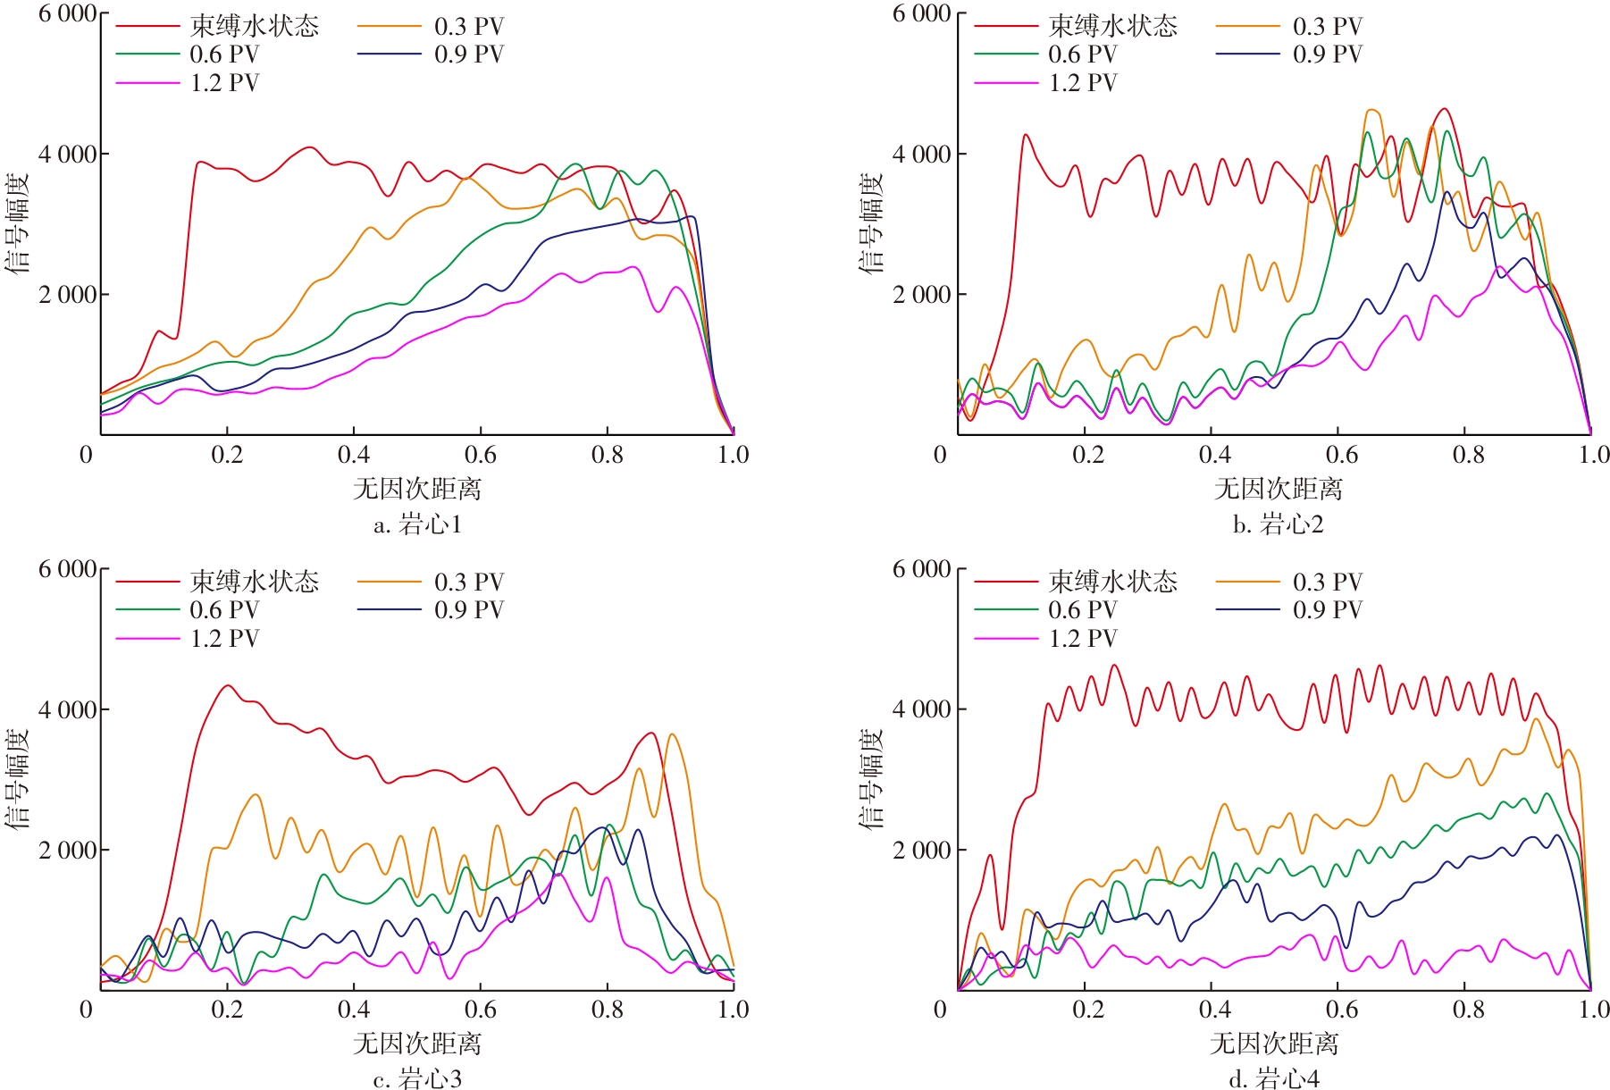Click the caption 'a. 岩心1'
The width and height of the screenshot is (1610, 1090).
tap(417, 524)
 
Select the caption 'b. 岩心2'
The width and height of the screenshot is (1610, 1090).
tap(1278, 524)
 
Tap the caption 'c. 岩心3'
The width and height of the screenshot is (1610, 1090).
tap(417, 1079)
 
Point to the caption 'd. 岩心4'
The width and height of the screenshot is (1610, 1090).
tap(1274, 1079)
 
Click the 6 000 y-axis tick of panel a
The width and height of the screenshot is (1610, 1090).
tap(68, 14)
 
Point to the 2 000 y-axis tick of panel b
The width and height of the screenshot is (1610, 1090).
tap(922, 295)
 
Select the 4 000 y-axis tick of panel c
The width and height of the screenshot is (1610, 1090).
tap(68, 709)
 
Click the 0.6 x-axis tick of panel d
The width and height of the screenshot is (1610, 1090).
tap(1340, 1010)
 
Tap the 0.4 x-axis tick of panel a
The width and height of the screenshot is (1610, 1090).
tap(354, 455)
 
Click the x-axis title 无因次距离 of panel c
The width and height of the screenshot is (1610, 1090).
tap(417, 1044)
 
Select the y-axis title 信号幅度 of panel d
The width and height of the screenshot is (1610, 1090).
tap(872, 777)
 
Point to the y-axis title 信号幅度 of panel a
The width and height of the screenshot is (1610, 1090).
tap(18, 222)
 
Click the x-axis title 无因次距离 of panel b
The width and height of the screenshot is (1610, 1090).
tap(1278, 489)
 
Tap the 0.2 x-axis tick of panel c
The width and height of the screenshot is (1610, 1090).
tap(227, 1010)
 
